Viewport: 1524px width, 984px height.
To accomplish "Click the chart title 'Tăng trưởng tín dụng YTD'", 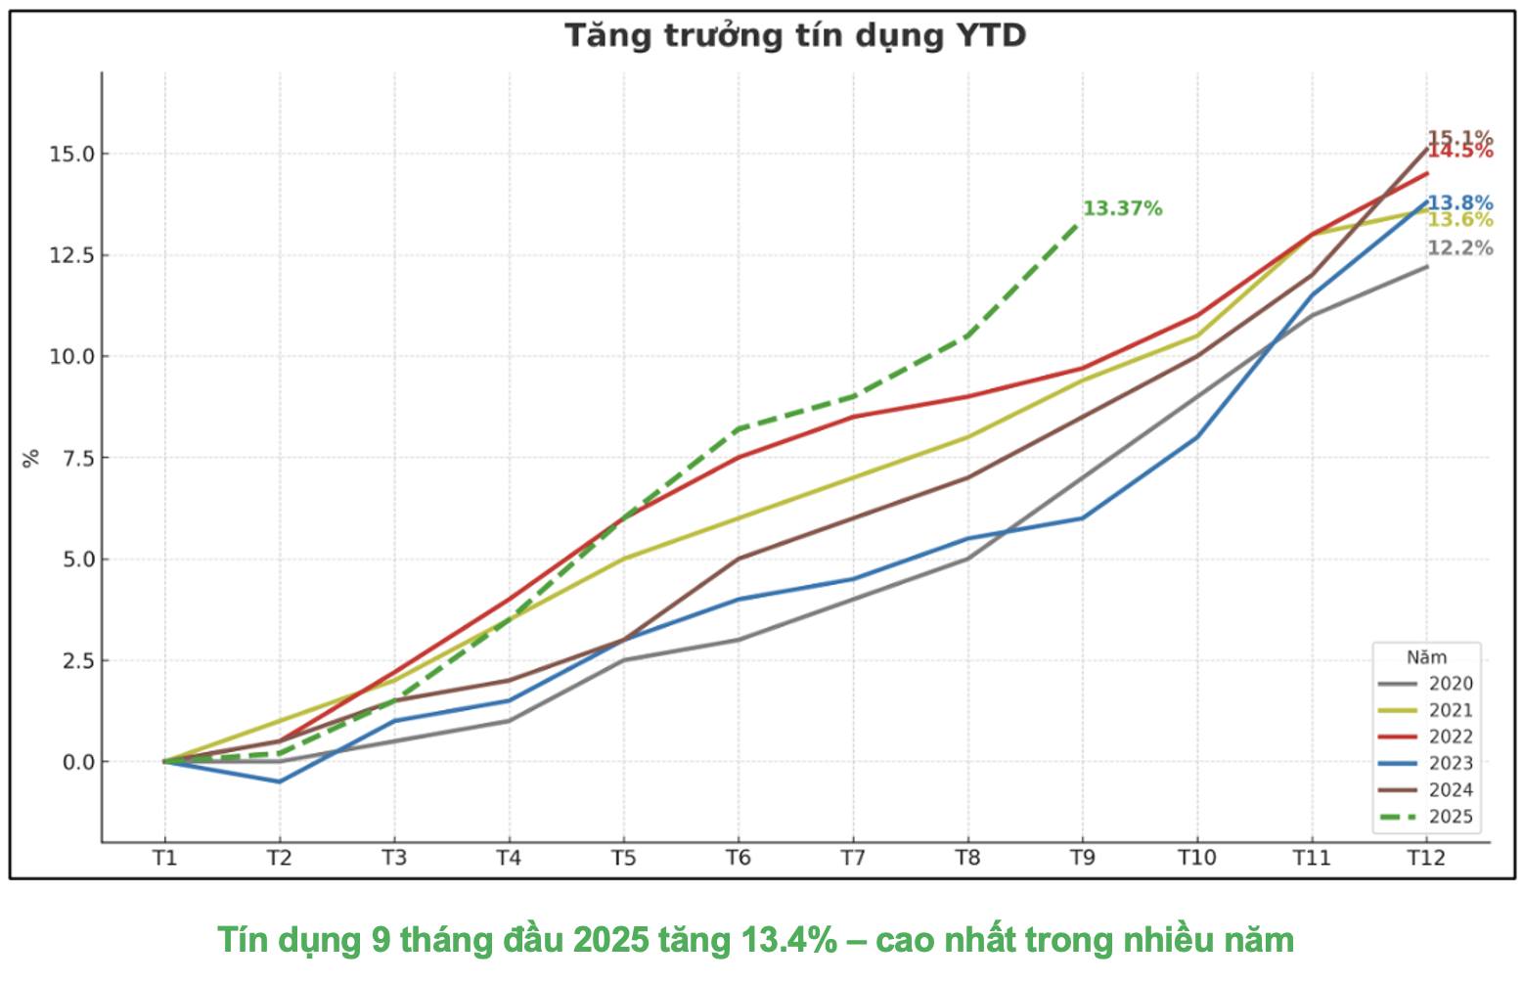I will point(794,36).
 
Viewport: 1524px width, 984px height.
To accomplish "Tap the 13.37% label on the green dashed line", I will point(1122,208).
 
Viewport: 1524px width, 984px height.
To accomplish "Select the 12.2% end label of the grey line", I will point(1459,248).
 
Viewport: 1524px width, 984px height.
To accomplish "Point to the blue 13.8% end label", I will point(1459,203).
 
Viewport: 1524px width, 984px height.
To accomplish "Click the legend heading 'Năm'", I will point(1426,657).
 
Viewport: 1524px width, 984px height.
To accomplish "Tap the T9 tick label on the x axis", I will point(1082,859).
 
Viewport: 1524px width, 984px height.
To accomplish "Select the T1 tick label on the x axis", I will point(164,859).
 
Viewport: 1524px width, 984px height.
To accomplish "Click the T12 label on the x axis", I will point(1425,859).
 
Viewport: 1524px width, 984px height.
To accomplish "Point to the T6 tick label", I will point(738,859).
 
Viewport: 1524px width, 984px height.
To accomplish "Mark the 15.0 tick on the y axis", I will point(71,155).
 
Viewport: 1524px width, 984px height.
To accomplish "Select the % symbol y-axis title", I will point(32,458).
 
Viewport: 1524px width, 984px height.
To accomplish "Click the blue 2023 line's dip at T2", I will point(279,782).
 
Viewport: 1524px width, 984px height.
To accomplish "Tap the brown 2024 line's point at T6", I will point(738,559).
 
